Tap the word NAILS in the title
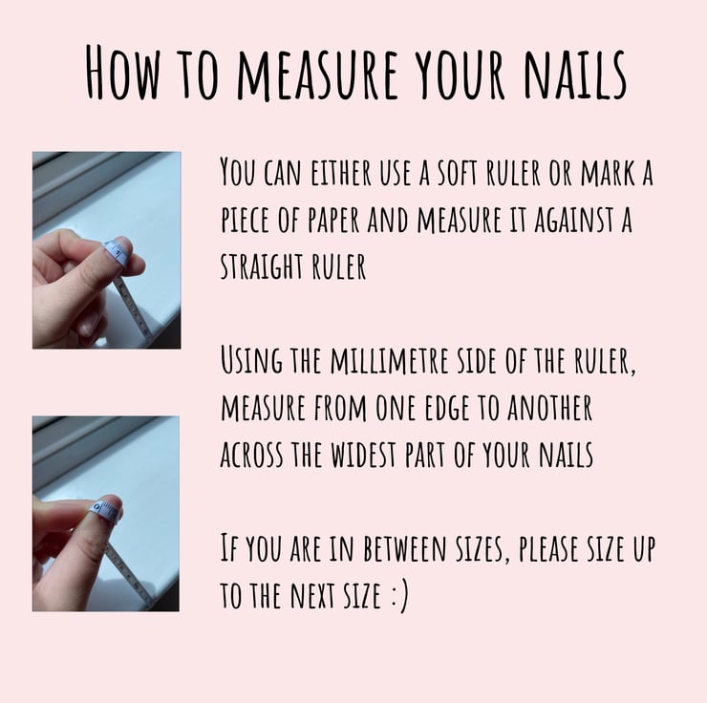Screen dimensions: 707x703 pos(575,74)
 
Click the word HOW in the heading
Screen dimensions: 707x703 pos(122,72)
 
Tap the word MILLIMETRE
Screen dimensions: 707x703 pos(390,360)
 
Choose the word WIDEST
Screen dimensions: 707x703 pos(363,454)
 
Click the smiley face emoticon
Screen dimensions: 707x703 pos(400,596)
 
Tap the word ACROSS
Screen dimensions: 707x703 pos(251,454)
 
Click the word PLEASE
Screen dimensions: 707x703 pos(547,548)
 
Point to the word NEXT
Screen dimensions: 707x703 pos(313,595)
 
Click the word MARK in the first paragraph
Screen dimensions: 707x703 pos(608,172)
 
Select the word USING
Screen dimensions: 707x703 pos(251,360)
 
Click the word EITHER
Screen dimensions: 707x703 pos(341,172)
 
